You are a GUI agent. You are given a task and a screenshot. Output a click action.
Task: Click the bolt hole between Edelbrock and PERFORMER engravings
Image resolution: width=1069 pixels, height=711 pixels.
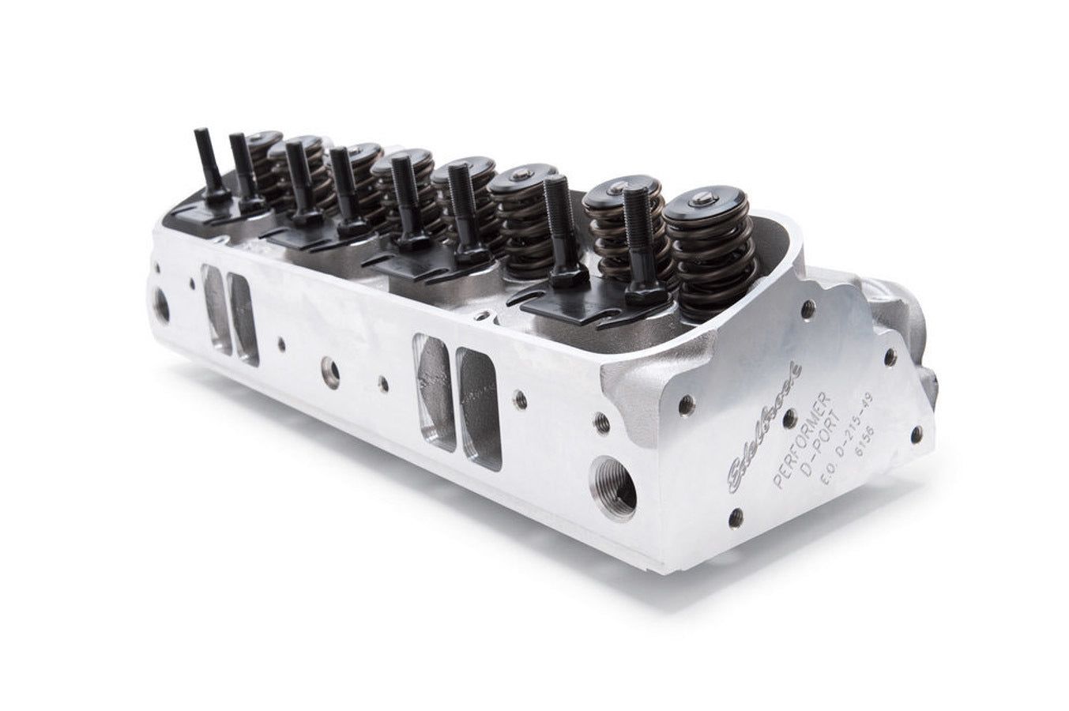(789, 419)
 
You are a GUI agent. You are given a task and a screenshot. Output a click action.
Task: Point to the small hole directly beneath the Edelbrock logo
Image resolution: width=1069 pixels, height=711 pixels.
(735, 517)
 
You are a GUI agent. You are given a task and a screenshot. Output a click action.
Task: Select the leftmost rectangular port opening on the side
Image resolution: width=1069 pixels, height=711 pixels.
(216, 308)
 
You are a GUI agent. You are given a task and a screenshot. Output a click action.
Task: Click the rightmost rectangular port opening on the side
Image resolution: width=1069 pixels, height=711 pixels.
(480, 407)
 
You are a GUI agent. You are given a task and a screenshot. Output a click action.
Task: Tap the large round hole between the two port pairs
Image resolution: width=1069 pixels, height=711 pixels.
(330, 371)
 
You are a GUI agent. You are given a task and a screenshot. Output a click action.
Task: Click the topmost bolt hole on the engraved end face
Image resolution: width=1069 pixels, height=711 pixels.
(807, 309)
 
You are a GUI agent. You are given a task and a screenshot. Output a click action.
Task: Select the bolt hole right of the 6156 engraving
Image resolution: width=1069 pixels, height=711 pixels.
(916, 433)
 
